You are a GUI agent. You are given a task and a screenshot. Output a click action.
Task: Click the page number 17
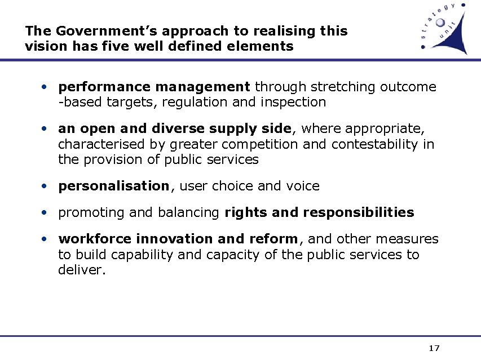(434, 348)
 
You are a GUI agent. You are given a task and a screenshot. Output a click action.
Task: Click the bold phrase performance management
(154, 87)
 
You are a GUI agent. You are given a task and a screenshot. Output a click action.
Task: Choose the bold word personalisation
(113, 186)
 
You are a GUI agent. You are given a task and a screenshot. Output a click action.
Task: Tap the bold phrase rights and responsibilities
(319, 213)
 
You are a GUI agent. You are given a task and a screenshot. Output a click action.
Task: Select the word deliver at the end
(81, 270)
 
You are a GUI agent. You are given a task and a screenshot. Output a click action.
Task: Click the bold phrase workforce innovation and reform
(178, 239)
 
